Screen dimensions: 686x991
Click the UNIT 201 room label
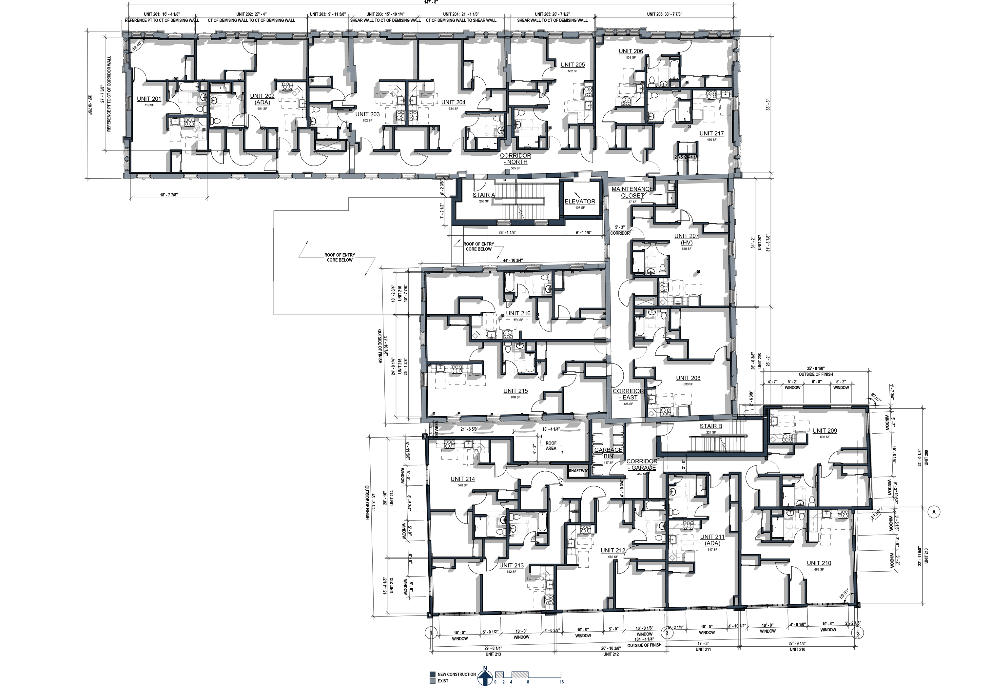click(149, 99)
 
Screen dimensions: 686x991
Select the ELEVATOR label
click(580, 201)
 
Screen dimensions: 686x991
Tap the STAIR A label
click(484, 195)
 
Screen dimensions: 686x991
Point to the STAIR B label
click(711, 426)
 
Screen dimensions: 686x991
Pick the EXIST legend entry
click(443, 681)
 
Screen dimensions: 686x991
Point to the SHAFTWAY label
click(578, 471)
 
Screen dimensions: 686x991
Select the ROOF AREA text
click(551, 446)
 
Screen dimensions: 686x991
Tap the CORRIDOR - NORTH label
click(515, 159)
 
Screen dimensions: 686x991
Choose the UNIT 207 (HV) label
click(686, 239)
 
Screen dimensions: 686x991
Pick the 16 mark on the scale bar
click(562, 682)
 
